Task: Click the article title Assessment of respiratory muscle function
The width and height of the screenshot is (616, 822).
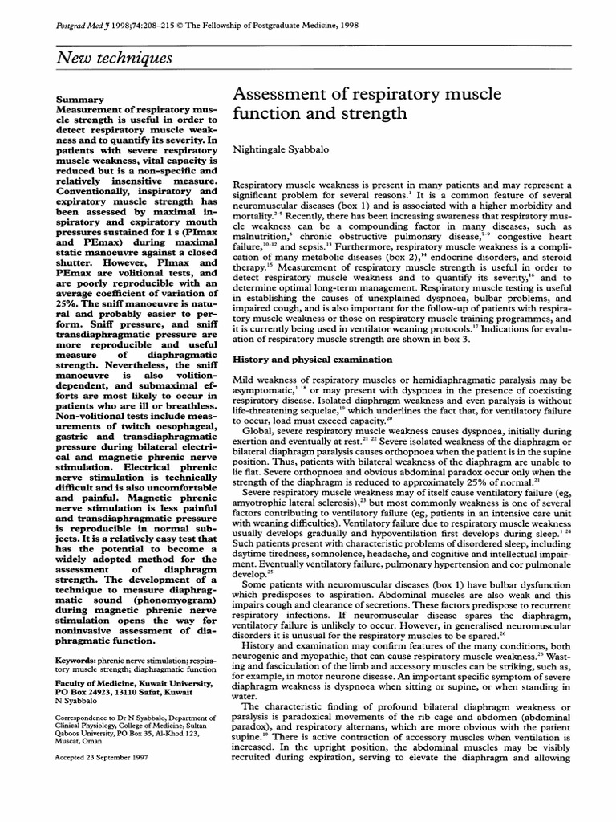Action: point(367,104)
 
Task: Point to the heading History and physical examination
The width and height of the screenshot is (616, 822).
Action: point(311,360)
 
